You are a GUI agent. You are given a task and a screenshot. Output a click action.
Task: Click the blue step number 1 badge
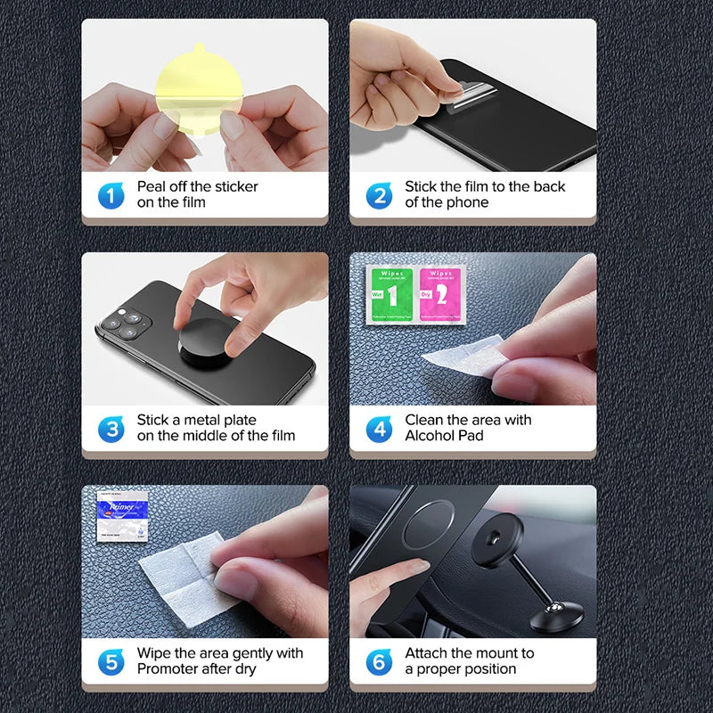[111, 195]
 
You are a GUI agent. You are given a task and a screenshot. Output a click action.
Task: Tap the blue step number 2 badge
[379, 195]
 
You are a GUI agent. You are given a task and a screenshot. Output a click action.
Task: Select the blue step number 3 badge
[111, 429]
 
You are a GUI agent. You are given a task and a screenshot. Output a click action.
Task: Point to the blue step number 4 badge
[379, 429]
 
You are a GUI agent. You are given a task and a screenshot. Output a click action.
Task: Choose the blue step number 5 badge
[111, 662]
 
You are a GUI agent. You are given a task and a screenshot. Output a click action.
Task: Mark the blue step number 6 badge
[379, 662]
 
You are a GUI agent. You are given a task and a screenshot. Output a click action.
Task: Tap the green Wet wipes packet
[389, 292]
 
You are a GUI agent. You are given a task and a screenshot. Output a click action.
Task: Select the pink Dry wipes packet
[437, 292]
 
